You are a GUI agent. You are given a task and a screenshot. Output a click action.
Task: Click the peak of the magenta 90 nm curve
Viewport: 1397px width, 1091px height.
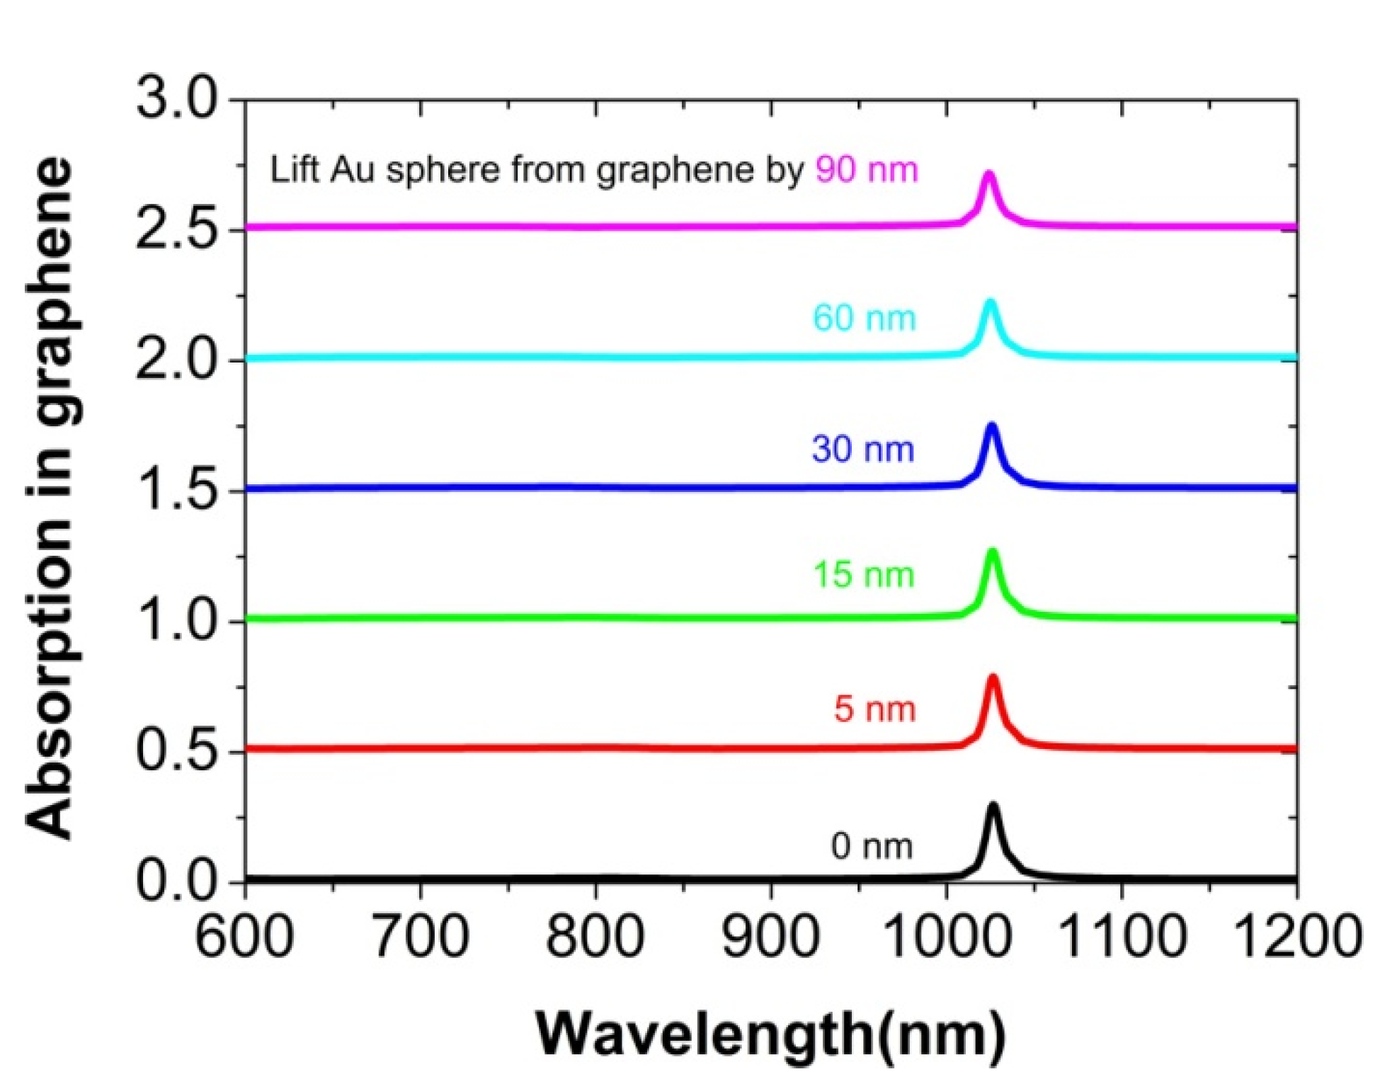click(x=988, y=173)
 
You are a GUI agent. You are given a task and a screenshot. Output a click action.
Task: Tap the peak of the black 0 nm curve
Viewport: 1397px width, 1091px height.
click(x=993, y=806)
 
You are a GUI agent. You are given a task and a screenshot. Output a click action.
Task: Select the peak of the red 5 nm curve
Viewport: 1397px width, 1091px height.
click(x=992, y=678)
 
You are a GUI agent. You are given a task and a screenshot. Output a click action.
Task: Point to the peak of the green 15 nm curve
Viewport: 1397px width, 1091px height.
click(x=992, y=552)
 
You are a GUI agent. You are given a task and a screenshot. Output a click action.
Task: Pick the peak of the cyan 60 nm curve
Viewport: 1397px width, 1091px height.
click(x=990, y=302)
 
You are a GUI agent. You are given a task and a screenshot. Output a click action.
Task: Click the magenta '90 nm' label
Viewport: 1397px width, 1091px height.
click(x=866, y=170)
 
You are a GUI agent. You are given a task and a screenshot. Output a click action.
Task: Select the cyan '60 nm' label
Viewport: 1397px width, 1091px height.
click(x=864, y=318)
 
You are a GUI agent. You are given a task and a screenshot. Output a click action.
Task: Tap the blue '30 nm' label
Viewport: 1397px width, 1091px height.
click(x=862, y=449)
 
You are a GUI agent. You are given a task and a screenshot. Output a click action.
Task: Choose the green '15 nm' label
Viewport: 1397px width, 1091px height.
click(x=863, y=574)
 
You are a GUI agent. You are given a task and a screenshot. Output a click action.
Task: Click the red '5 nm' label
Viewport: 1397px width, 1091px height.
click(x=874, y=709)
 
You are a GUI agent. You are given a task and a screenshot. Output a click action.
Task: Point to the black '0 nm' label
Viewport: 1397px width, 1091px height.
click(x=872, y=846)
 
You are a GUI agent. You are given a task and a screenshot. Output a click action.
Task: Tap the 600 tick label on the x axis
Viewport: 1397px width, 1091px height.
click(x=244, y=937)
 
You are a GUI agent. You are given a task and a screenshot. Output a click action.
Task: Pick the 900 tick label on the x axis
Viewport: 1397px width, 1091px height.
click(x=770, y=937)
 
